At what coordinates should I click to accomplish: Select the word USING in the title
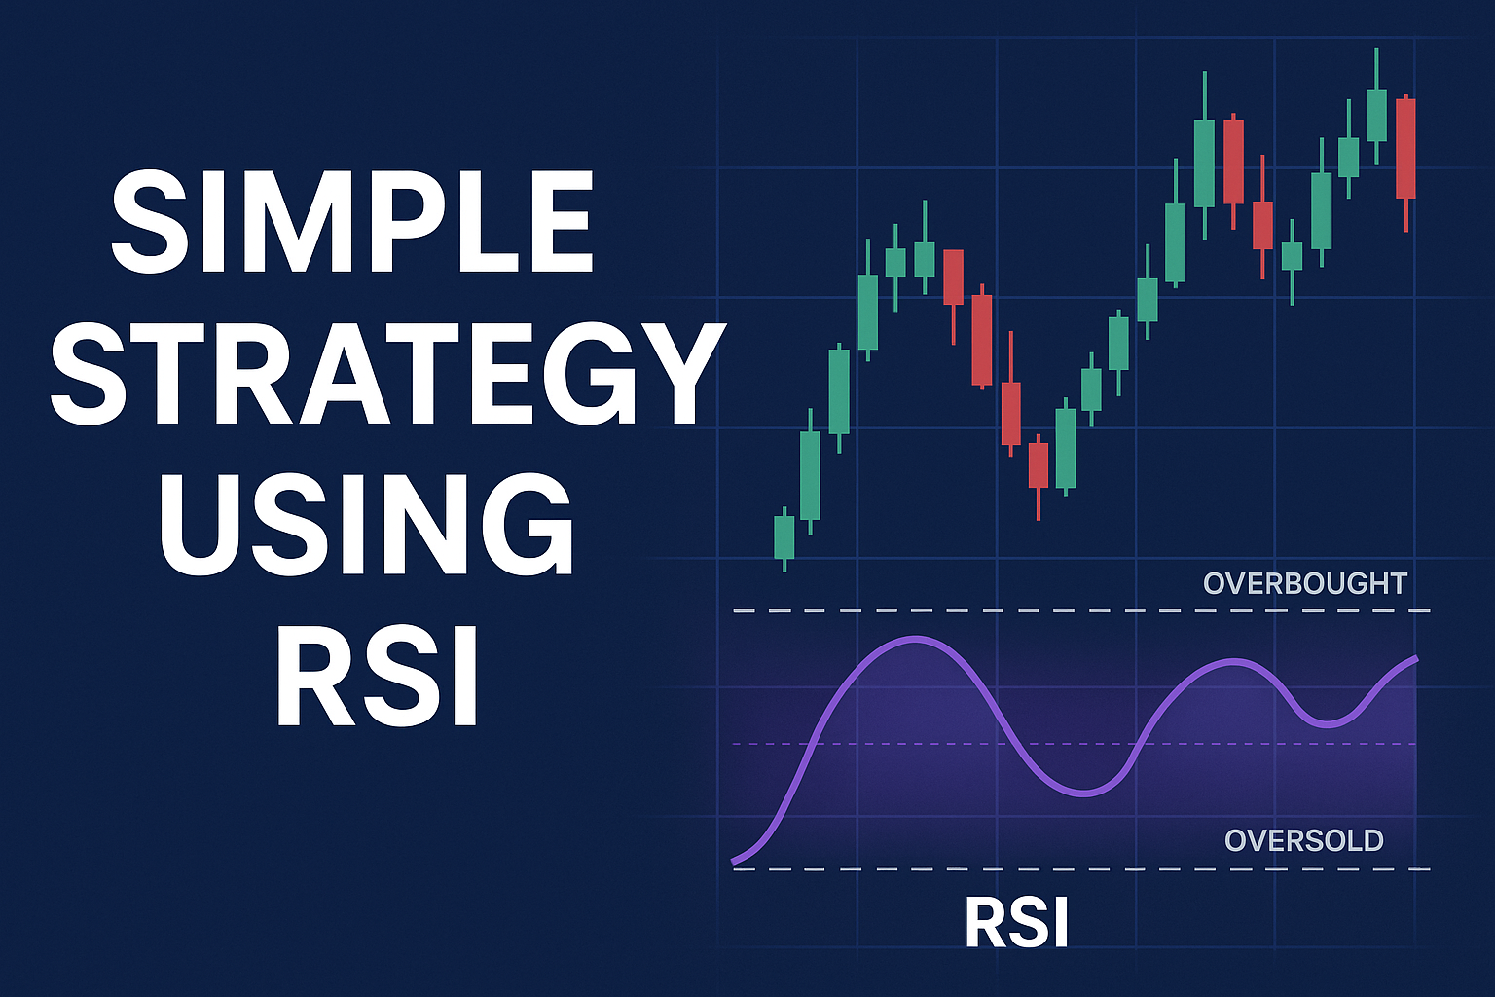click(365, 525)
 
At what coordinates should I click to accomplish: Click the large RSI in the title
click(377, 675)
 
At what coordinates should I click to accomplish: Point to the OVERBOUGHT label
click(1305, 583)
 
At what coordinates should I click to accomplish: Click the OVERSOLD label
click(1304, 840)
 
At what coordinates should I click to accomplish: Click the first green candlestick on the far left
click(784, 538)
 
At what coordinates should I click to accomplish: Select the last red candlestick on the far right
click(1405, 164)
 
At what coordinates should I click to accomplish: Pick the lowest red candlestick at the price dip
click(1039, 476)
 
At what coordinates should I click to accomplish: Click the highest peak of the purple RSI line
click(916, 640)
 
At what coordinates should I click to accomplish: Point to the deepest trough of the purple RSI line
click(1083, 794)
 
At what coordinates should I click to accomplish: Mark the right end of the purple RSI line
click(1415, 659)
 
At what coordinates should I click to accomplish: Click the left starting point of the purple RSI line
click(734, 862)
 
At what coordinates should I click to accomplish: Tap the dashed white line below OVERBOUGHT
click(1081, 610)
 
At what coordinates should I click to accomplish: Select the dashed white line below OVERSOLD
click(1081, 868)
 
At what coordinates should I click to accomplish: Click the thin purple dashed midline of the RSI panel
click(1075, 743)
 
